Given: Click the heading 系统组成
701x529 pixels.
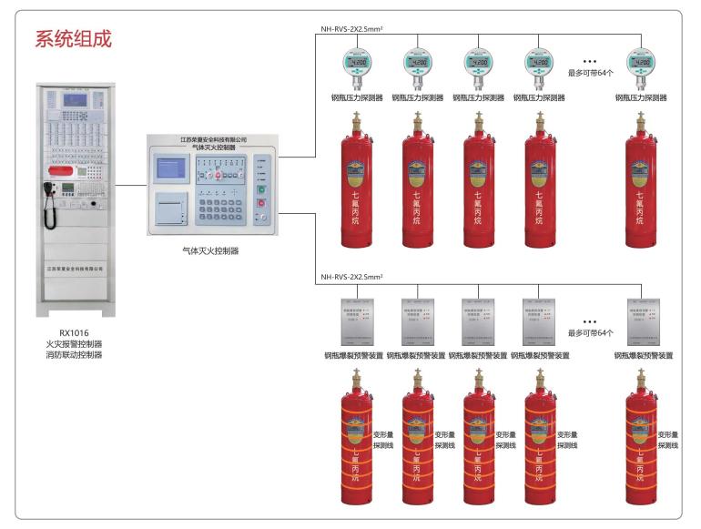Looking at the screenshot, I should point(73,39).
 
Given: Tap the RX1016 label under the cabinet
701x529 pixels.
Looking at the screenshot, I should point(74,333).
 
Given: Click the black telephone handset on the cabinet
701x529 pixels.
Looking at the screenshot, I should point(47,208).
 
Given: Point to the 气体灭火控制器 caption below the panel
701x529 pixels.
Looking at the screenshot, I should point(215,250).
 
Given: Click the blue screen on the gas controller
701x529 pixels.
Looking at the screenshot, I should point(170,167).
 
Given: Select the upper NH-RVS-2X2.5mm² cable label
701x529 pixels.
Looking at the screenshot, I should point(350,28).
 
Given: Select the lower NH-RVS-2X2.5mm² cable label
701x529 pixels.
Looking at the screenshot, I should point(350,276).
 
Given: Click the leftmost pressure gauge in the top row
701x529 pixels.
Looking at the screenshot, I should point(354,65).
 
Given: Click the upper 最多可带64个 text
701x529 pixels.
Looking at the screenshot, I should point(591,72).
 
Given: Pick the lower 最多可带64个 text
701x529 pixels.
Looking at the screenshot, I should point(591,332).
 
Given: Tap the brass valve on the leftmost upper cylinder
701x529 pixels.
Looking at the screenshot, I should point(355,124).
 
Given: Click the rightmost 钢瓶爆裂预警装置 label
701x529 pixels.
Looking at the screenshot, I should point(643,355).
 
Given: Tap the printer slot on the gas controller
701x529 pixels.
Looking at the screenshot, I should point(169,210).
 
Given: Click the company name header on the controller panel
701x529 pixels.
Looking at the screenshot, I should point(214,138).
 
